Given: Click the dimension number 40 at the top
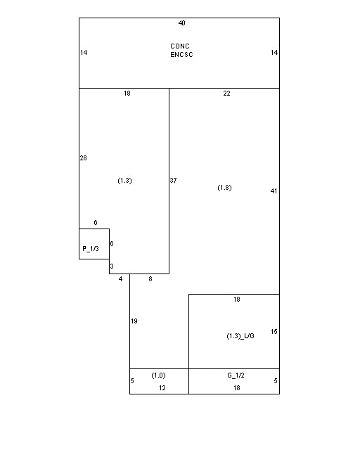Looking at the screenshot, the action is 181,23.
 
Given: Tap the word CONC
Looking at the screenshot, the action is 180,46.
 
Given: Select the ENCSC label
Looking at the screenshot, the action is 181,55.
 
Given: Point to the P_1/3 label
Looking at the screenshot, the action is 91,248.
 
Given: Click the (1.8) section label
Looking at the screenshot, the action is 224,188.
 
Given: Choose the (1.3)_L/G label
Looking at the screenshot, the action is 240,336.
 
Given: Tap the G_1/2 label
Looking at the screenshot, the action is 236,375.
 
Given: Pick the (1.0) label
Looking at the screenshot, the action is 158,375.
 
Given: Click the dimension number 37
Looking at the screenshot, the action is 174,180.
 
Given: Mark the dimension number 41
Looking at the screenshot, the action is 274,191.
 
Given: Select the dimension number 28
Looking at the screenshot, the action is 83,157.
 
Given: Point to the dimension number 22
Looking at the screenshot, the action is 227,94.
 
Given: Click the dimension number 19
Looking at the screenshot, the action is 134,321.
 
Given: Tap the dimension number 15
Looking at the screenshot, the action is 274,332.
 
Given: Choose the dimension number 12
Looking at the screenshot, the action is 162,388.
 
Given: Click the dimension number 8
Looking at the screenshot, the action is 150,279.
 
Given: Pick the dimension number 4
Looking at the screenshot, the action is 120,279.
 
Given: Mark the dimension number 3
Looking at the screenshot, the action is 112,266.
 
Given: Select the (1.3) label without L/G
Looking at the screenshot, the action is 125,181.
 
